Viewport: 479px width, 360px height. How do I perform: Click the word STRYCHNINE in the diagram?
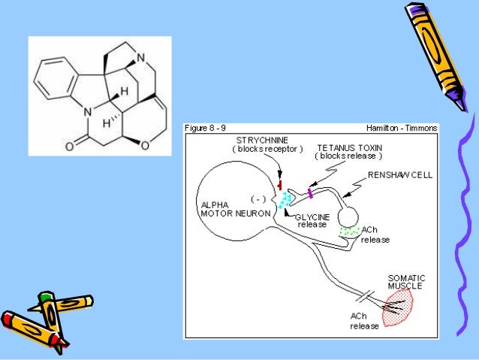tap(258, 141)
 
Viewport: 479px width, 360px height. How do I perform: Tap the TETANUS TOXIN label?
tap(348, 148)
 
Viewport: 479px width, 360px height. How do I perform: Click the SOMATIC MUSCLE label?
tap(405, 282)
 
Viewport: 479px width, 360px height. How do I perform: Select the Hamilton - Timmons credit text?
tap(401, 129)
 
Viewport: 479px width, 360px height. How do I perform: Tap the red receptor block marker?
tap(280, 185)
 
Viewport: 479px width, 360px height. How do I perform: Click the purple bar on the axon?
tap(309, 195)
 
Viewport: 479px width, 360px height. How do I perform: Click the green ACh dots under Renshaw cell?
tap(349, 231)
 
